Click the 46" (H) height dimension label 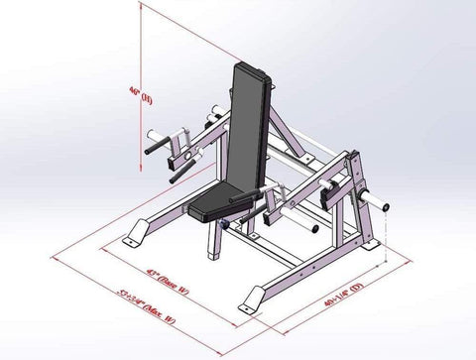click(x=146, y=97)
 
